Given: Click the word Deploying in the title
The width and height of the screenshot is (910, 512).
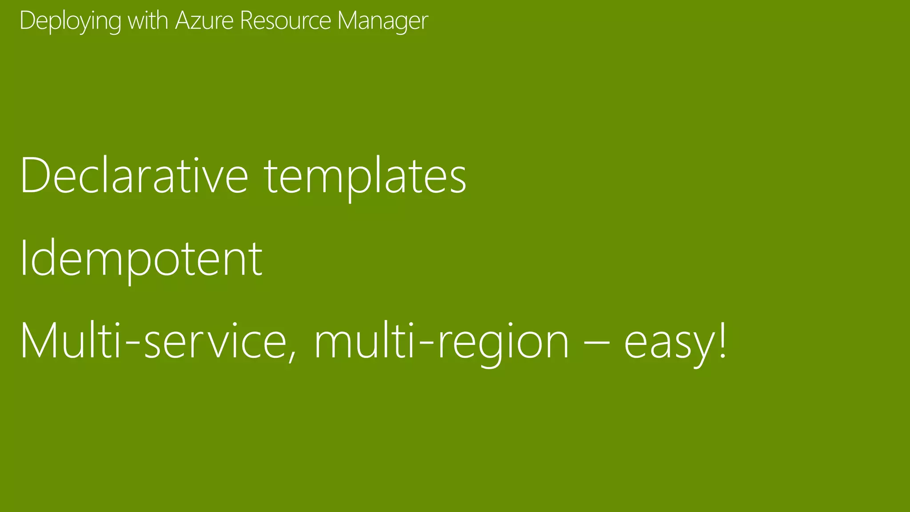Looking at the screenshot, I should click(x=70, y=21).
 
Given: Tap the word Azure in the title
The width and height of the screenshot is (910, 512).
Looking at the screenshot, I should click(x=204, y=20).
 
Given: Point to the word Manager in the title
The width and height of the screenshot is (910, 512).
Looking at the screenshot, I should click(x=383, y=21).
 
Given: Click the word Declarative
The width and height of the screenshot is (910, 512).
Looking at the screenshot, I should click(x=134, y=176).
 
